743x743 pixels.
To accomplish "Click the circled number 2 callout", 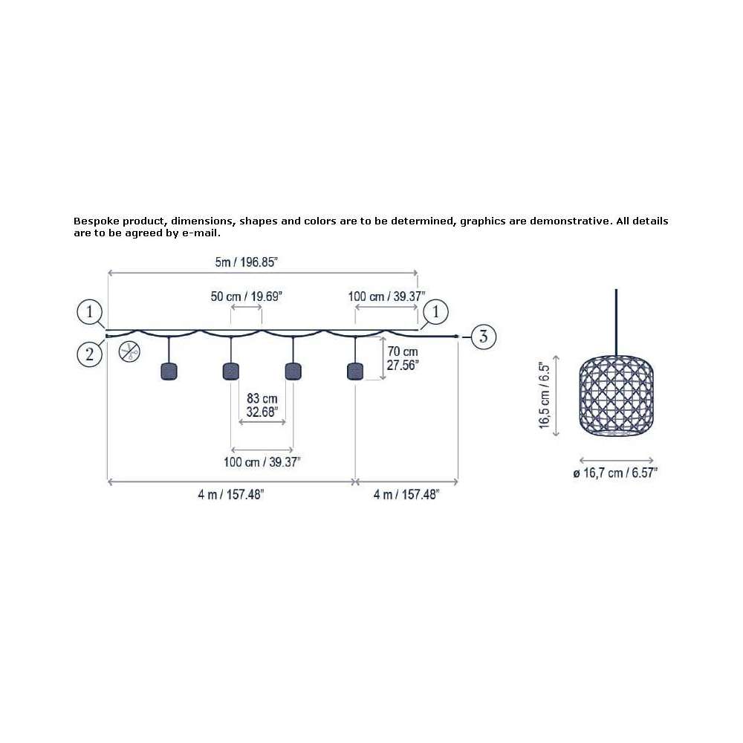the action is (90, 354).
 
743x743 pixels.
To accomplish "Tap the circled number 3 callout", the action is (483, 337).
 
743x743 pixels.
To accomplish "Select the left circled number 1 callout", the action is (90, 312).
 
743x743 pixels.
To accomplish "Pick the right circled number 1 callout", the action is (435, 312).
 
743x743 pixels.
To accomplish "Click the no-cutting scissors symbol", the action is (129, 351).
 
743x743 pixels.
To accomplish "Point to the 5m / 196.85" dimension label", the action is (246, 262).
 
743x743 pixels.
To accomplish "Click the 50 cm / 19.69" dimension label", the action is (246, 296).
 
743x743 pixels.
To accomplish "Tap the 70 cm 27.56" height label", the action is (402, 358).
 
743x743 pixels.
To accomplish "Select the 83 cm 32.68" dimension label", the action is (262, 405).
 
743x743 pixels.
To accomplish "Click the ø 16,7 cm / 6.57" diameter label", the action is (615, 473).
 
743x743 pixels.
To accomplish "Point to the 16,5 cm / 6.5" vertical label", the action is (545, 396).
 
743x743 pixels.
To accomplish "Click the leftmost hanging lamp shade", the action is (169, 371).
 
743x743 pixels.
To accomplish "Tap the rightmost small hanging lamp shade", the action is (355, 371).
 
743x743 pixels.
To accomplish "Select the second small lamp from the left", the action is (231, 371).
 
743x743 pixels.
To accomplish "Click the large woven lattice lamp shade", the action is (616, 396).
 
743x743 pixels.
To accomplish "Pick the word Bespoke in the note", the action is (96, 221).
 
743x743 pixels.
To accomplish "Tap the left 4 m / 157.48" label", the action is (231, 495).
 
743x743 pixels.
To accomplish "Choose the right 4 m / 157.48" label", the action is (406, 495).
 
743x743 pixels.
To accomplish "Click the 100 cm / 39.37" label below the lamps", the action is (262, 462).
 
